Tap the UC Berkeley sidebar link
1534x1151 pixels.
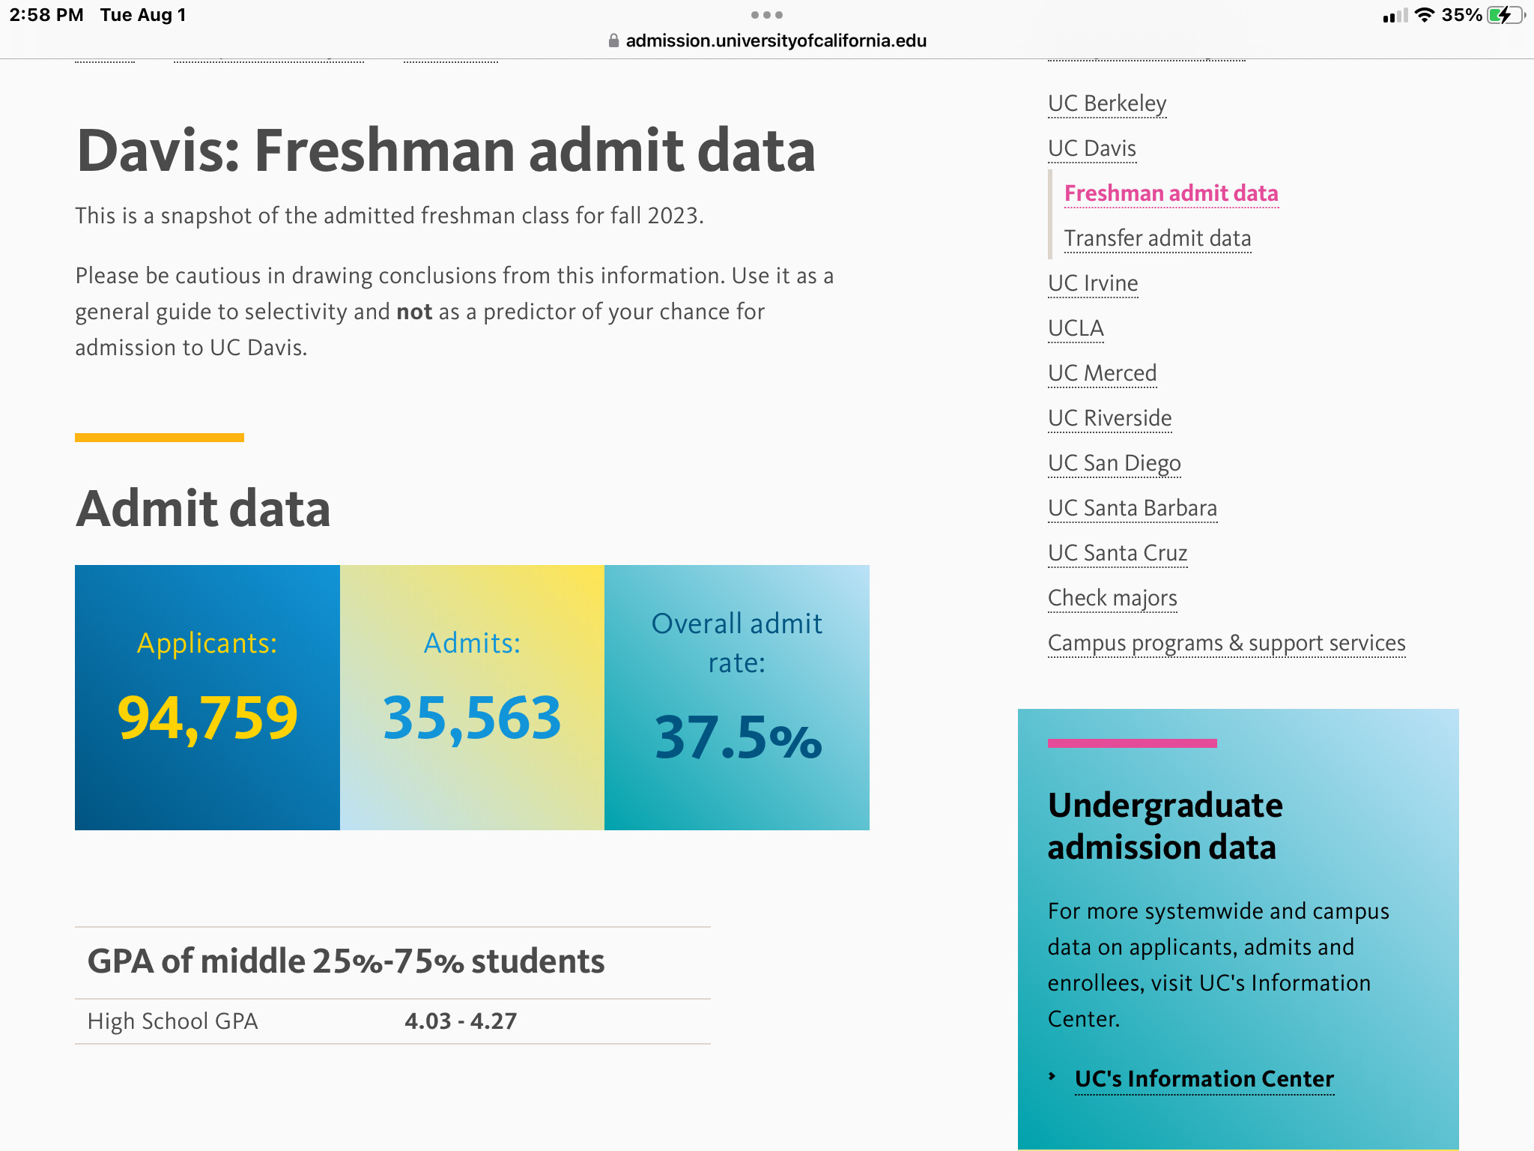[1106, 103]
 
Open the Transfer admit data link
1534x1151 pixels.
[1157, 238]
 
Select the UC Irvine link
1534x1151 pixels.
[1093, 283]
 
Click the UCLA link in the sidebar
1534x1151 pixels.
[1076, 328]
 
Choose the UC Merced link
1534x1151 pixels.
[1102, 373]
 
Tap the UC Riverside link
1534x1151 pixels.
[1109, 418]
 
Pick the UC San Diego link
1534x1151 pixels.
[1114, 463]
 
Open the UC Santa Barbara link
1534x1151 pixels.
[1132, 508]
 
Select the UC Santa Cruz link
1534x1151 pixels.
[1118, 553]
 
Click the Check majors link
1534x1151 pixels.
[1112, 598]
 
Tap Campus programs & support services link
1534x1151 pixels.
[1226, 643]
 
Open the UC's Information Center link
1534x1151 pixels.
[1204, 1078]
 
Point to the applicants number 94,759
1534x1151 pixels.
[207, 718]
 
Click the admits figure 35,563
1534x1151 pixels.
[472, 718]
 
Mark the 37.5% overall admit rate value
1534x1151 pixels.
[738, 738]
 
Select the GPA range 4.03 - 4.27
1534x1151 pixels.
[461, 1021]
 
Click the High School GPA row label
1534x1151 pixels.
[172, 1021]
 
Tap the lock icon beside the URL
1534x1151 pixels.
[613, 40]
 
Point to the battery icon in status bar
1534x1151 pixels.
[1503, 15]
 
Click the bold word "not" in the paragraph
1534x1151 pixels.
[414, 312]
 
